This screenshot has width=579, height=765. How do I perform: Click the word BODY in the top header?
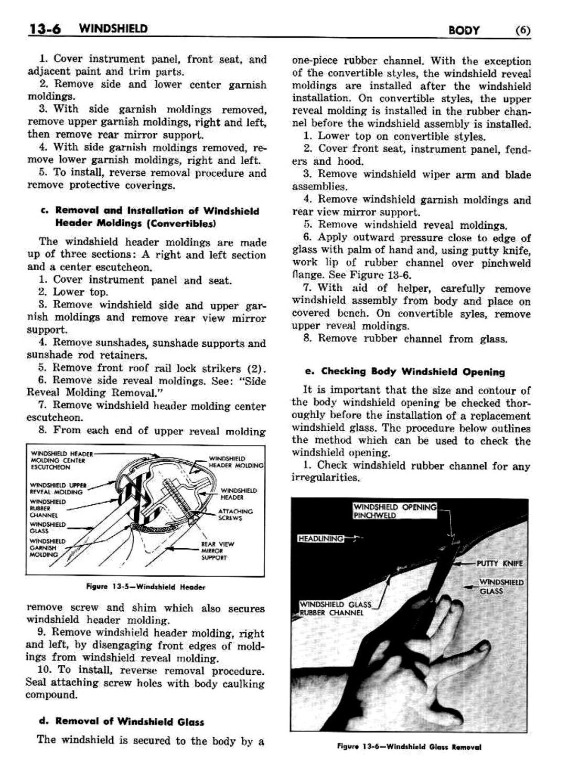(464, 30)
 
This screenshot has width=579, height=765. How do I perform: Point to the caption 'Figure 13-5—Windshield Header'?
(146, 587)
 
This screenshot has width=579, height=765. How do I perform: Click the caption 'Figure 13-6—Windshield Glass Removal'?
(410, 747)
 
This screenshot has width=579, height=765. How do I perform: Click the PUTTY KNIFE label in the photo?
(499, 563)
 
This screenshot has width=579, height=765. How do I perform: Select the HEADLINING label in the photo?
(320, 538)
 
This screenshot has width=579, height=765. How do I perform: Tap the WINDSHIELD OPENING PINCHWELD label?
(394, 511)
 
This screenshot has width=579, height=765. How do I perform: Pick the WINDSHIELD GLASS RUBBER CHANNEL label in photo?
(335, 608)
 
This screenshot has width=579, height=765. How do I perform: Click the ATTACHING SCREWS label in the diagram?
(235, 514)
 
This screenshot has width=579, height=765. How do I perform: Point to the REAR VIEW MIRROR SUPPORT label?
(217, 550)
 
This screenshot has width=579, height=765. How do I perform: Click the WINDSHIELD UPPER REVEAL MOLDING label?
(58, 488)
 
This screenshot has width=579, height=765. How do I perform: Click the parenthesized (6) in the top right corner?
(522, 30)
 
